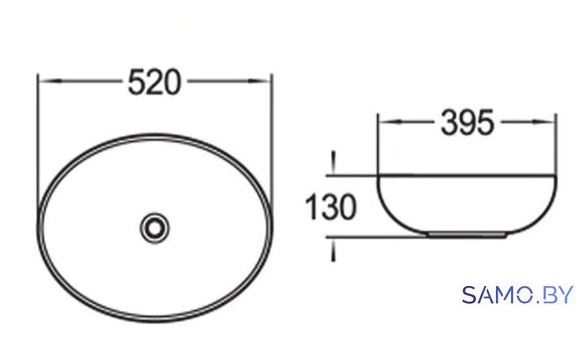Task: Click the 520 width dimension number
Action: pyautogui.click(x=155, y=82)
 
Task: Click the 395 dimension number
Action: pyautogui.click(x=467, y=122)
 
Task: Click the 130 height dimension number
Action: pyautogui.click(x=331, y=206)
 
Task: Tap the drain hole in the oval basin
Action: pyautogui.click(x=155, y=228)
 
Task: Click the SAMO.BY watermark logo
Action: pyautogui.click(x=517, y=295)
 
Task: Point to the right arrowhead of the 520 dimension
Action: pyautogui.click(x=259, y=81)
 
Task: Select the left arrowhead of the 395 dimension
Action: pyautogui.click(x=390, y=122)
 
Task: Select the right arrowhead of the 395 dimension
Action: pyautogui.click(x=544, y=122)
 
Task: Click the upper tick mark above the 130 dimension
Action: pyautogui.click(x=333, y=162)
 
